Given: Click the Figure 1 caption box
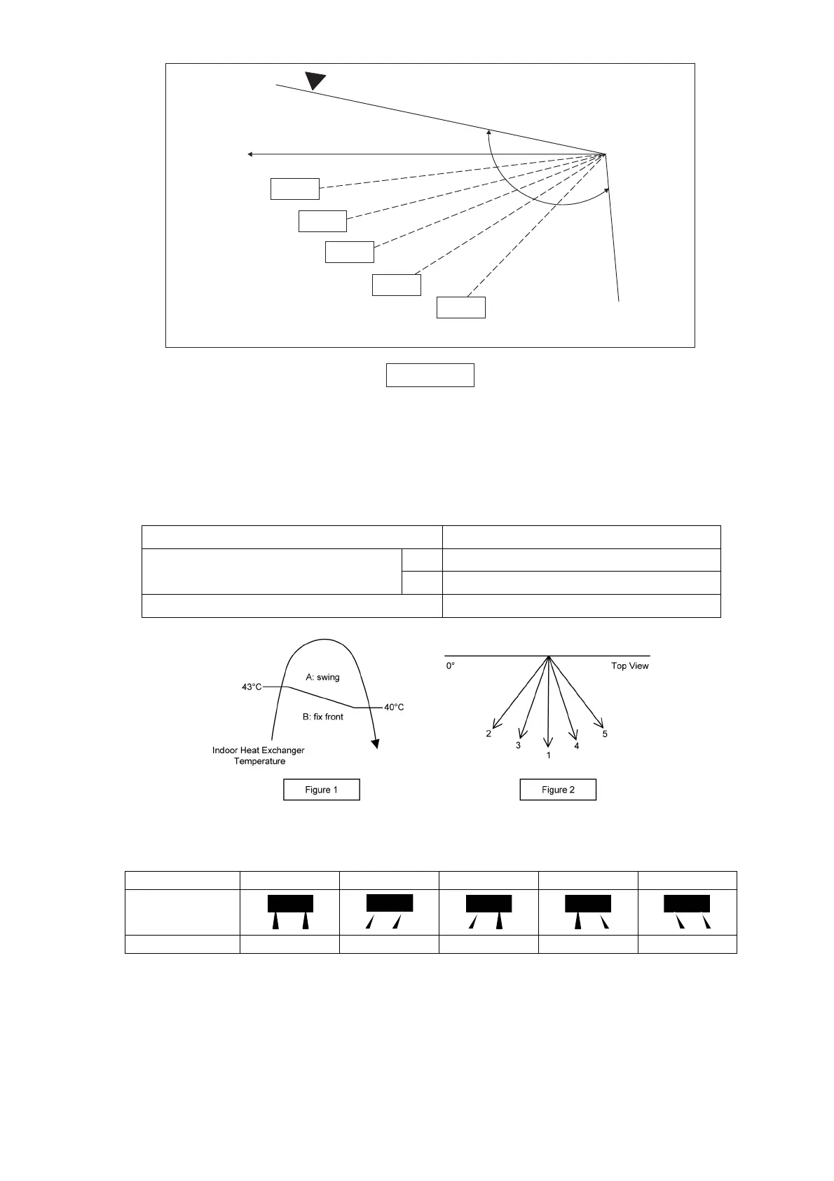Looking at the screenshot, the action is pos(321,790).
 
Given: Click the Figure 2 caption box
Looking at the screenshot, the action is pos(558,790).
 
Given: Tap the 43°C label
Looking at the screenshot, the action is pos(252,687).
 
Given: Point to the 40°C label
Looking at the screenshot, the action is pos(394,707).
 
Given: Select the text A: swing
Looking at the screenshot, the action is pos(322,677).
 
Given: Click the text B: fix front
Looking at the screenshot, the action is pos(322,717).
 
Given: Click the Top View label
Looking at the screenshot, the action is pos(629,666).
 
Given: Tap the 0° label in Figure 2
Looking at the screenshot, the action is pos(451,666).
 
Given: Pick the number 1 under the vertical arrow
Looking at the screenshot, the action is pos(548,755).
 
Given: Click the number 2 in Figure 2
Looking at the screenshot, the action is pos(488,734).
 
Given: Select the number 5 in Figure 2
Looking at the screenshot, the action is pos(605,734).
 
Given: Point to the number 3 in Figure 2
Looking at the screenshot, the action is pos(518,745).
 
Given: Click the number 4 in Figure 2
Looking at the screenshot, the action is pos(577,745).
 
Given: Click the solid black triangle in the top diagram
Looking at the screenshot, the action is pos(315,80).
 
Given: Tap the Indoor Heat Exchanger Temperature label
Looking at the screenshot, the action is pos(259,755).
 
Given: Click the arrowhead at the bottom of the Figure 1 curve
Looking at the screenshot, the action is pos(376,743).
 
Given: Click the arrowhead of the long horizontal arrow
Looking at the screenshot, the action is pos(250,154).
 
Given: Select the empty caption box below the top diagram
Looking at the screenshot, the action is pos(430,375).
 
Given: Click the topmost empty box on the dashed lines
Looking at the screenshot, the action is pos(294,189).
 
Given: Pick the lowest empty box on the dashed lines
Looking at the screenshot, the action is pos(460,307).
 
